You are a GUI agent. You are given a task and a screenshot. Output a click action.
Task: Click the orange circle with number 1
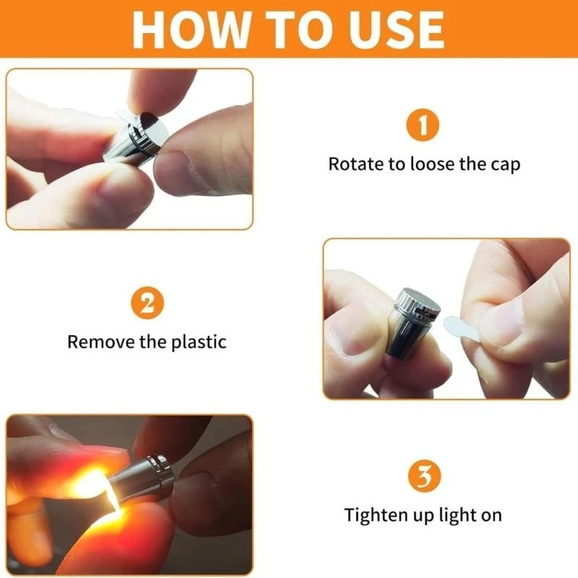click(x=423, y=125)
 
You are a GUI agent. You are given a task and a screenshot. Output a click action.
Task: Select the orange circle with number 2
click(x=147, y=303)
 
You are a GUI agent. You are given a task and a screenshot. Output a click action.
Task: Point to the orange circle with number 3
click(x=424, y=476)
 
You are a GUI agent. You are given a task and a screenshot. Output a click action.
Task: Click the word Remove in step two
click(x=101, y=342)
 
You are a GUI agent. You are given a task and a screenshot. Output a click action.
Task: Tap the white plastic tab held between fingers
click(x=460, y=328)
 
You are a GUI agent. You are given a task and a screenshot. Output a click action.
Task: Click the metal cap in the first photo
click(x=147, y=133)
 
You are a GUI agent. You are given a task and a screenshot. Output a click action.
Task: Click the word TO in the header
click(x=297, y=30)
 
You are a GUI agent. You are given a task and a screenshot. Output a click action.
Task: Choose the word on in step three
click(x=491, y=516)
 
